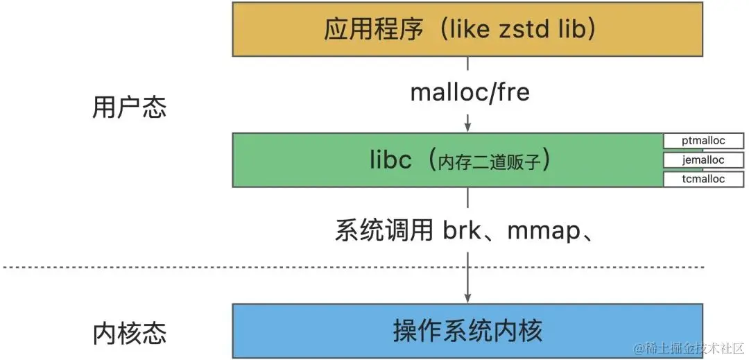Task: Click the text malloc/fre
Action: click(x=470, y=92)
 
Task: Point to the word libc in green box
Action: click(x=391, y=160)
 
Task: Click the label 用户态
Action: click(x=129, y=108)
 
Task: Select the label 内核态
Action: click(x=129, y=333)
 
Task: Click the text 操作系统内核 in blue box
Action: click(x=467, y=330)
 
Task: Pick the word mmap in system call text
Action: click(x=543, y=230)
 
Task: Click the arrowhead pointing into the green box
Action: click(x=468, y=127)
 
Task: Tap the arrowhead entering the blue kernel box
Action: click(x=468, y=297)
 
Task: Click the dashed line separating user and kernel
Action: click(x=208, y=267)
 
